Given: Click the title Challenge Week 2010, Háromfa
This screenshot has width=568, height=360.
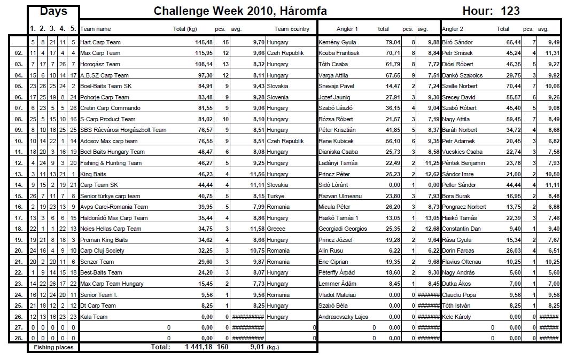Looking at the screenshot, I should tap(240, 11).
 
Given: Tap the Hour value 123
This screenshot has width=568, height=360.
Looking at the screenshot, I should tap(510, 11).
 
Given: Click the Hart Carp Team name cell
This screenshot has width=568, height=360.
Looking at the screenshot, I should tap(100, 42).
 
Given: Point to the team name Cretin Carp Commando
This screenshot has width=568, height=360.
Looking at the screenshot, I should tap(110, 108).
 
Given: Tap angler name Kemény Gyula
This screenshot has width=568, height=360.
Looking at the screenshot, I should tap(337, 42).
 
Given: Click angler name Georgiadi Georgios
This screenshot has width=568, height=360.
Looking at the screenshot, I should tap(343, 229).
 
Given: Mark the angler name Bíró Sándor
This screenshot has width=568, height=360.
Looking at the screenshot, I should tap(457, 42).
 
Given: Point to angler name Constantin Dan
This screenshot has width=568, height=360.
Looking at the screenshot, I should tap(462, 229).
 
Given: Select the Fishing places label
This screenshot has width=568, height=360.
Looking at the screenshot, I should tap(53, 347).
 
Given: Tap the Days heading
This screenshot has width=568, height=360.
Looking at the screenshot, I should tap(53, 12).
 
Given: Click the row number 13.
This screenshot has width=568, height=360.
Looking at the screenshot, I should tap(18, 174).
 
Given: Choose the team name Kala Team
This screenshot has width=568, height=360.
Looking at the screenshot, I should tap(94, 317).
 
